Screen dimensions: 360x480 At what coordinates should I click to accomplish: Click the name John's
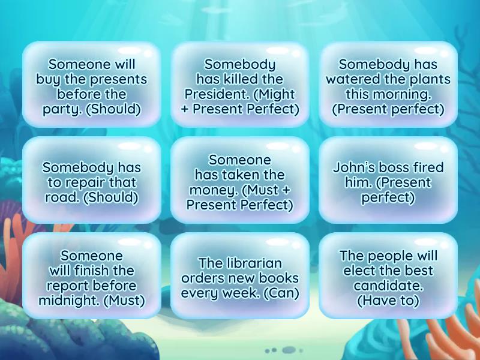355,167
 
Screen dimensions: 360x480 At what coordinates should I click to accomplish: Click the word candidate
388,286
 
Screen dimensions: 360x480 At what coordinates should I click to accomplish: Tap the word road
59,197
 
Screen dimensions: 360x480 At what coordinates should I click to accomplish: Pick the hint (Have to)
388,301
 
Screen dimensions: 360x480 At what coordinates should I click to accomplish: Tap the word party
59,109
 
